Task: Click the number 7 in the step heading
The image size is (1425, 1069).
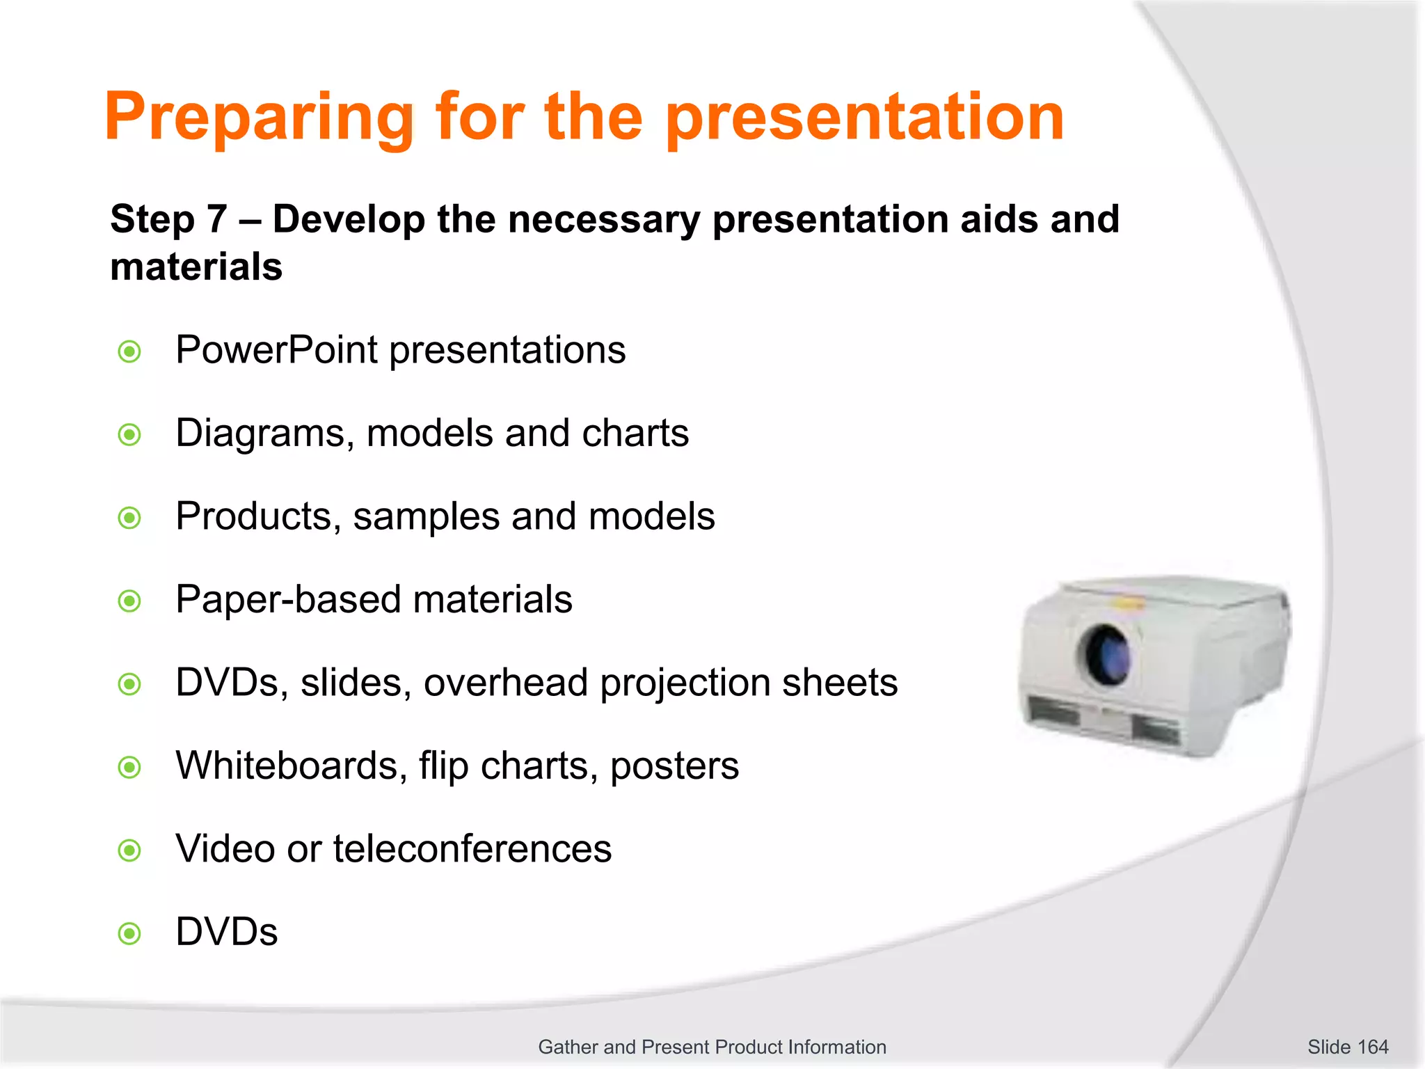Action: tap(216, 220)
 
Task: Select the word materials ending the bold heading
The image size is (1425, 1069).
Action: tap(196, 267)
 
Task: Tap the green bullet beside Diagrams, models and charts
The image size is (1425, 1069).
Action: tap(129, 435)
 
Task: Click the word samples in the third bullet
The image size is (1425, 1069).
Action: tap(426, 517)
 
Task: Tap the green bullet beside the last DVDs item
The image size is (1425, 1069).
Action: tap(129, 933)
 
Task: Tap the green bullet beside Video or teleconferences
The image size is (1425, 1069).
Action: tap(129, 850)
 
